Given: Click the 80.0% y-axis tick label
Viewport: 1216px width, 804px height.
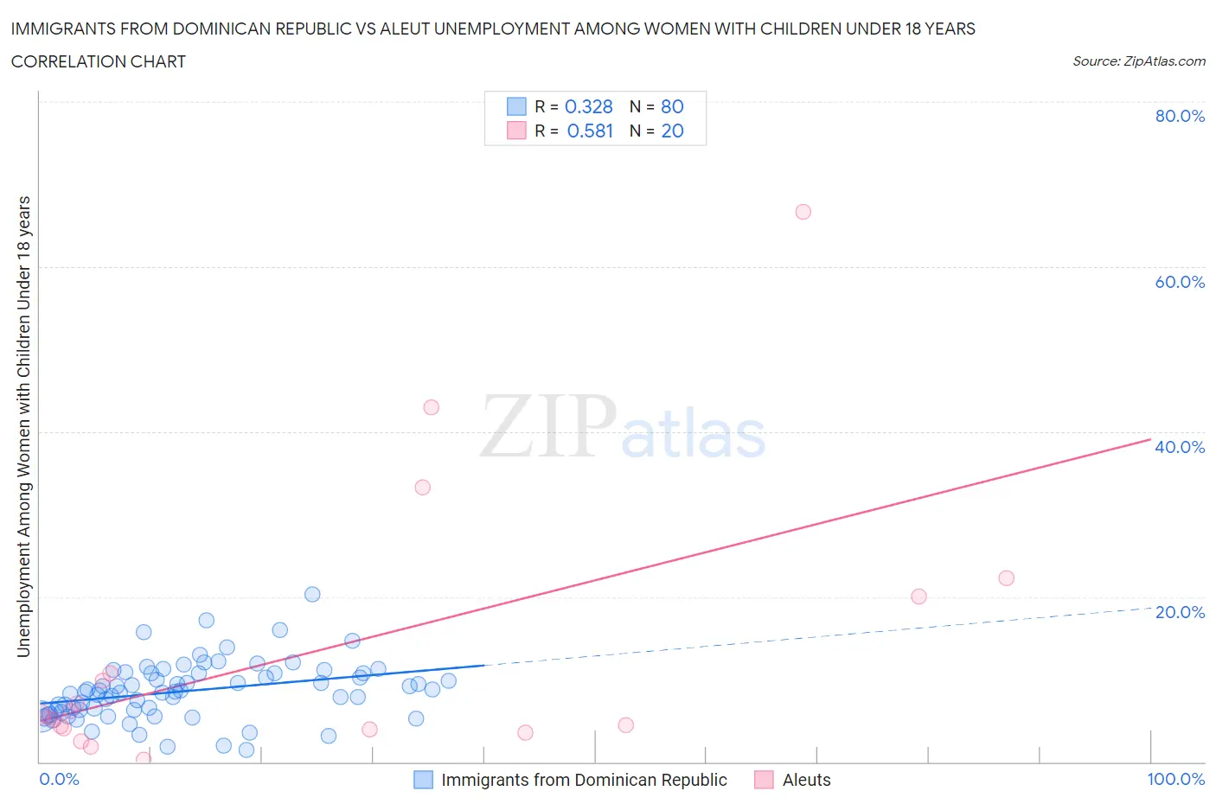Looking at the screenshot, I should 1180,116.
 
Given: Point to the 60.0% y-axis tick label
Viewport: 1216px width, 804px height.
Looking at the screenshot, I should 1180,282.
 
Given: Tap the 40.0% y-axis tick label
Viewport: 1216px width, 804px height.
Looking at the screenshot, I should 1180,447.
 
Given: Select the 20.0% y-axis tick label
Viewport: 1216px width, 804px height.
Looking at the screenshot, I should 1180,612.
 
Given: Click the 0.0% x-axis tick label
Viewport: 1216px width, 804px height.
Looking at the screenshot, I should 59,779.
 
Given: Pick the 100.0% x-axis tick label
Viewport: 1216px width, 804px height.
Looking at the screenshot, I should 1175,779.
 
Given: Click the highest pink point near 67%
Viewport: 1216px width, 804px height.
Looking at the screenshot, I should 803,212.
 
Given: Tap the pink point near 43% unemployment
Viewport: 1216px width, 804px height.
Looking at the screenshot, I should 431,407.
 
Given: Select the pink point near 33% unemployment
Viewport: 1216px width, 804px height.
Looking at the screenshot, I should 422,487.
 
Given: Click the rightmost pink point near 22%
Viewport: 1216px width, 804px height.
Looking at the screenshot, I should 1006,578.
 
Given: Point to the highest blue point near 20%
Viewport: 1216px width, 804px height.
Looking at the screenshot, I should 312,594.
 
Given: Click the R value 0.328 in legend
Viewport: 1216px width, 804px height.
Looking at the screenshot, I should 588,106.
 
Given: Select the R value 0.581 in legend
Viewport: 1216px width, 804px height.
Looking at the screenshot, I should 590,131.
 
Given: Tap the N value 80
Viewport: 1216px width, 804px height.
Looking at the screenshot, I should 672,106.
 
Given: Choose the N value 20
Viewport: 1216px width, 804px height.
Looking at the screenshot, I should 672,131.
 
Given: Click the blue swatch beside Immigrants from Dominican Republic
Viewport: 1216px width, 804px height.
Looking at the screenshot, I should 423,780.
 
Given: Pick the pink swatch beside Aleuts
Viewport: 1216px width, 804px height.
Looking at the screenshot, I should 764,780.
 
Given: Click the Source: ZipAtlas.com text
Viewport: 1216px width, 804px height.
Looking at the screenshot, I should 1138,61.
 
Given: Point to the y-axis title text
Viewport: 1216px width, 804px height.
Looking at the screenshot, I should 24,426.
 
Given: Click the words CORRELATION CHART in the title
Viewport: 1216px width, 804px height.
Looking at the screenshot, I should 99,61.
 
